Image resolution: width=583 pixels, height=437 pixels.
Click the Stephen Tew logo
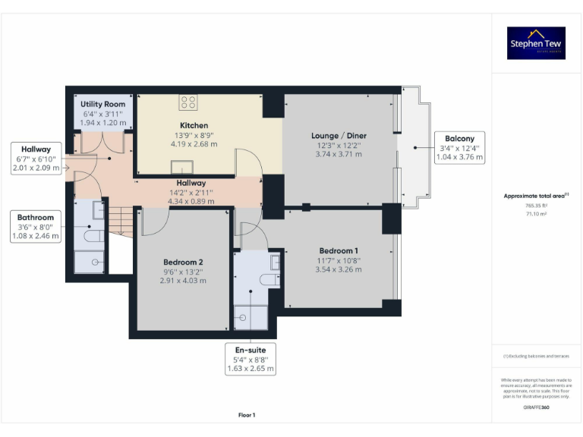(x=537, y=43)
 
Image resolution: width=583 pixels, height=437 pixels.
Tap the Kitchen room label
(x=194, y=125)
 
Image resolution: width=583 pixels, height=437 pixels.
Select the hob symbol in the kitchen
(x=189, y=102)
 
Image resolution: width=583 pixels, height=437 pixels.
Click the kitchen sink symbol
(x=182, y=169)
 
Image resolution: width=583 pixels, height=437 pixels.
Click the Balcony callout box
(x=459, y=148)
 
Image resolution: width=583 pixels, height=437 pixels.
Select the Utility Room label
(x=103, y=104)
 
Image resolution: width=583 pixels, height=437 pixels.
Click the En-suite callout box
(x=251, y=359)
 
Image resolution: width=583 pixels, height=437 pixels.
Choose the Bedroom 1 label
(x=339, y=251)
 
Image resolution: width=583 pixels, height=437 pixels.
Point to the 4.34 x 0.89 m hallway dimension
(x=191, y=202)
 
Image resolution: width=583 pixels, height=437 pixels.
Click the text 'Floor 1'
(x=247, y=415)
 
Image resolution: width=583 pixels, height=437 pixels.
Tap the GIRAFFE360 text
(x=536, y=408)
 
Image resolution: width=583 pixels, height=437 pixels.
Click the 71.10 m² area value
(x=536, y=215)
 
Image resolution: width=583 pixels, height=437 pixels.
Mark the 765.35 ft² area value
(x=536, y=206)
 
